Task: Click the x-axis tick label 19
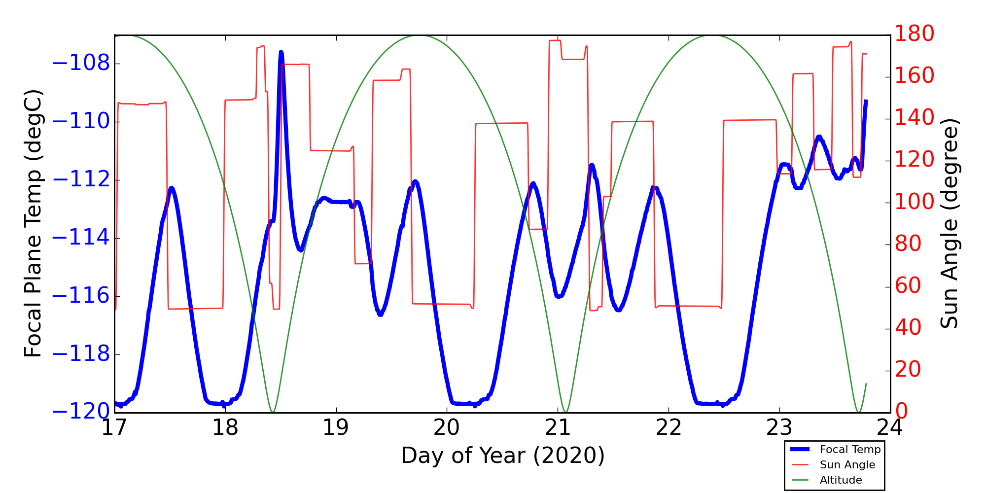336,427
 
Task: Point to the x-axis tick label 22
669,427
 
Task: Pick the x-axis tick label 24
890,427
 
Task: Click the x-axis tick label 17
115,427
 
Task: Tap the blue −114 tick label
80,238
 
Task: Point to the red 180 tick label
915,34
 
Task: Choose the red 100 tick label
915,202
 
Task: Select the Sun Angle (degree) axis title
949,223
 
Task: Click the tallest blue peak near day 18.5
281,52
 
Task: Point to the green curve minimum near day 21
565,412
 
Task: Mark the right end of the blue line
866,101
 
